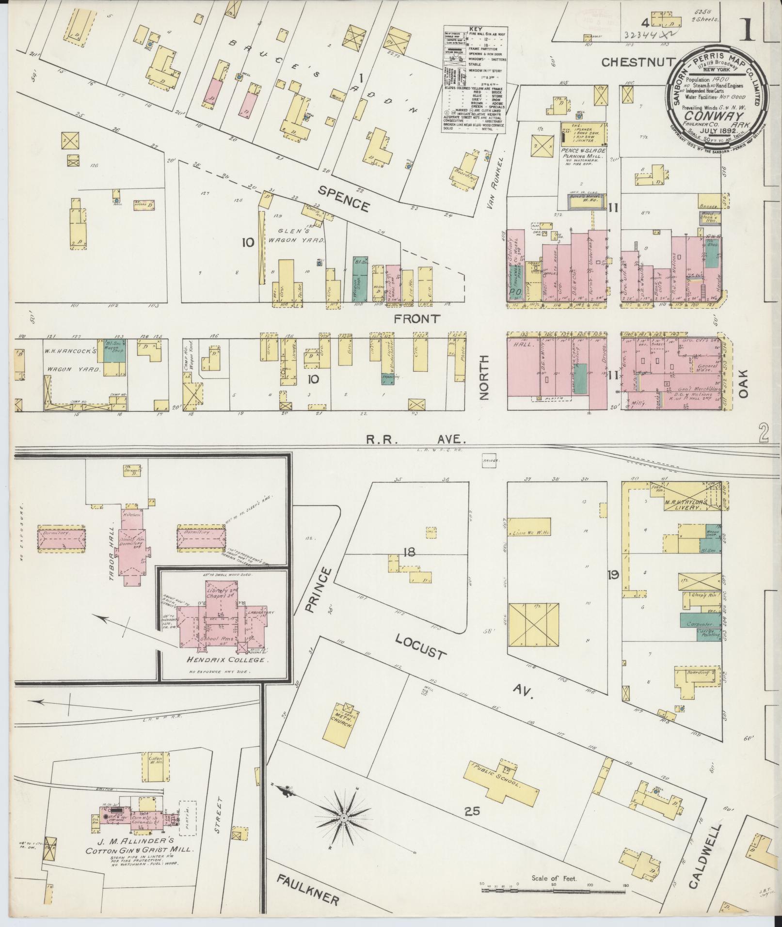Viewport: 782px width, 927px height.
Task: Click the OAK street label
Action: [x=743, y=384]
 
